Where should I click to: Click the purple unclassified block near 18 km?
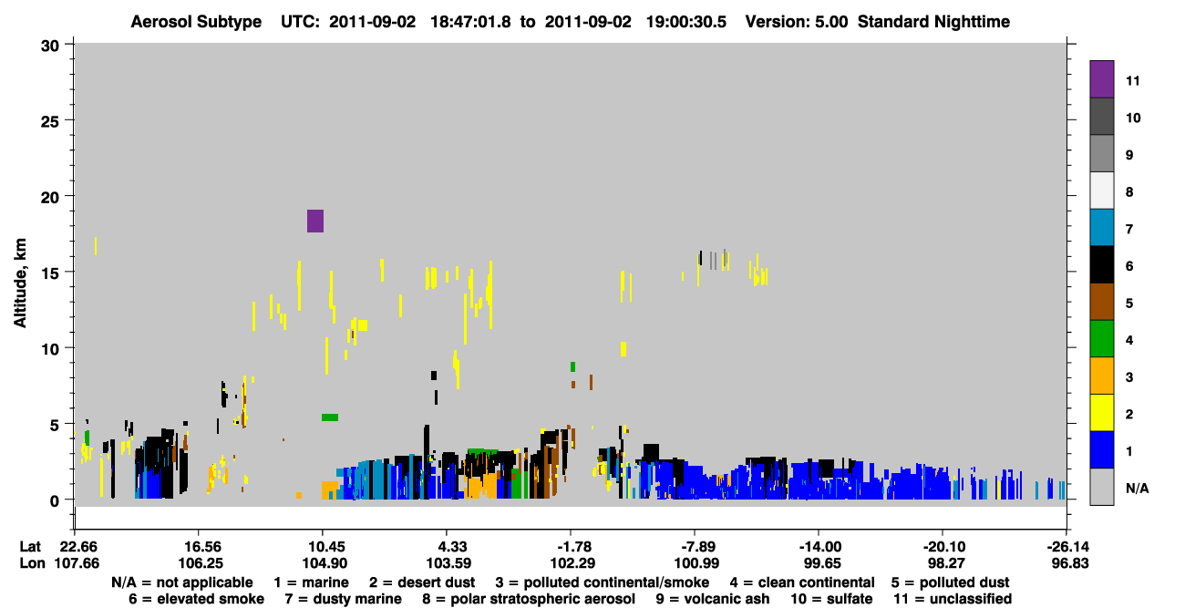[x=314, y=221]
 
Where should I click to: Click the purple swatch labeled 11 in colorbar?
[x=1101, y=78]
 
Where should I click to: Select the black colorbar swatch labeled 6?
[x=1101, y=264]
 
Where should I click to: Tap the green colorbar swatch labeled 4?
[x=1101, y=339]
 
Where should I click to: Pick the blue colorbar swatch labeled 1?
[x=1101, y=449]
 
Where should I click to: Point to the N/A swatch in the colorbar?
[x=1101, y=487]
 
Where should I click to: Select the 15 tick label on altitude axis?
[x=50, y=273]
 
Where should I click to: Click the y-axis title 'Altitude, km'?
[x=19, y=283]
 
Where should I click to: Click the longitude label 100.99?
[x=696, y=563]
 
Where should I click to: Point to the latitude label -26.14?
[x=1067, y=547]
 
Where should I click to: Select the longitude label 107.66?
[x=77, y=563]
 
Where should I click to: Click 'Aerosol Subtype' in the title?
[x=196, y=22]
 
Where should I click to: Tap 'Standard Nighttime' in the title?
[x=933, y=22]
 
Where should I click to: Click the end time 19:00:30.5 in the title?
[x=686, y=22]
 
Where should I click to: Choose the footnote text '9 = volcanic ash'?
[x=713, y=599]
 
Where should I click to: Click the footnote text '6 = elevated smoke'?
[x=196, y=599]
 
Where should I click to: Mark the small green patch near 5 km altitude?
[x=330, y=417]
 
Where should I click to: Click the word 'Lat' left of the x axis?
[x=30, y=547]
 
